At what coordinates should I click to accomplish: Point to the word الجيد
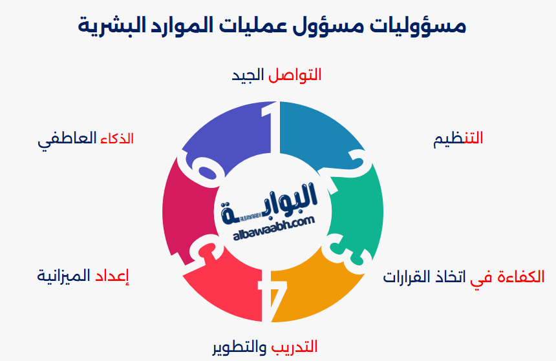(248, 75)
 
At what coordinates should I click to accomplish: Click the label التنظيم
(458, 138)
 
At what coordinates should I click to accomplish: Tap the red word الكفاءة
(519, 277)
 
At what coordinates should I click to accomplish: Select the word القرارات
(407, 277)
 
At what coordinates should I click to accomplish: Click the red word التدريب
(294, 347)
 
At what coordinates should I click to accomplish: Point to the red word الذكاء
(117, 138)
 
